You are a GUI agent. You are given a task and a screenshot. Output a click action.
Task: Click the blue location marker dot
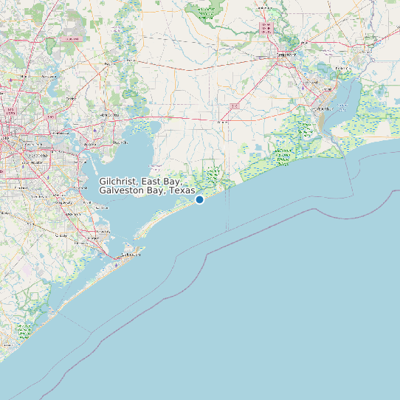(x=199, y=199)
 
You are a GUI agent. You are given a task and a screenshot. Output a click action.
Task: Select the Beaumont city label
(x=287, y=55)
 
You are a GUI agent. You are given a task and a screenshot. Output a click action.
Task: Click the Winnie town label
(x=221, y=120)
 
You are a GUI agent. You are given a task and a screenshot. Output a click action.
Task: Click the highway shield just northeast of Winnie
(x=235, y=106)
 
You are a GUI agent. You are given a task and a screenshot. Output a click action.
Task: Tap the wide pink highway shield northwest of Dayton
(x=72, y=38)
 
